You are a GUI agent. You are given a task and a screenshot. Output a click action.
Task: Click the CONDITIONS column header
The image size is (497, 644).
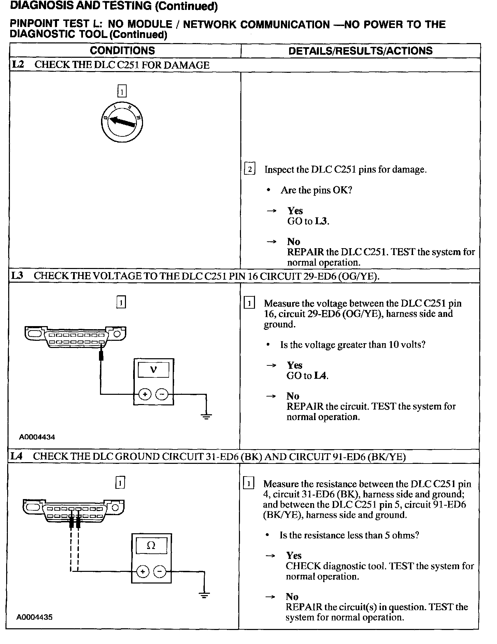pyautogui.click(x=122, y=51)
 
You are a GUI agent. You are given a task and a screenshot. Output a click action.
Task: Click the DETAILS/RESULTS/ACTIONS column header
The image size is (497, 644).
pyautogui.click(x=360, y=51)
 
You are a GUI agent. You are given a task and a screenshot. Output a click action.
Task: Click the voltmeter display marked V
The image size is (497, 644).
pyautogui.click(x=154, y=370)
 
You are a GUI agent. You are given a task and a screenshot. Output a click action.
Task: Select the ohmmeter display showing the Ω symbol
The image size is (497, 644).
pyautogui.click(x=152, y=546)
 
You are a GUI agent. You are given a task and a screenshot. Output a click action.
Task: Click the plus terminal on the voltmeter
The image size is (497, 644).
pyautogui.click(x=145, y=394)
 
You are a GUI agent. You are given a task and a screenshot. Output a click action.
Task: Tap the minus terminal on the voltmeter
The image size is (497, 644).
pyautogui.click(x=162, y=394)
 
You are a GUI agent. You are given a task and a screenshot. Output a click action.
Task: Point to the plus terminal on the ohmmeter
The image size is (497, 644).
pyautogui.click(x=143, y=571)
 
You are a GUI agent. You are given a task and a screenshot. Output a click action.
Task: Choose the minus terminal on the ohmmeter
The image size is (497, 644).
pyautogui.click(x=160, y=571)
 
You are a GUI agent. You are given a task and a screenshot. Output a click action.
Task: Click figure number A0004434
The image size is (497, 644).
pyautogui.click(x=37, y=437)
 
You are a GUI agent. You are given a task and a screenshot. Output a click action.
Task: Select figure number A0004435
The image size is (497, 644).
pyautogui.click(x=35, y=617)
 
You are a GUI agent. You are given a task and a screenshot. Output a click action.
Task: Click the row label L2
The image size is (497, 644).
pyautogui.click(x=18, y=65)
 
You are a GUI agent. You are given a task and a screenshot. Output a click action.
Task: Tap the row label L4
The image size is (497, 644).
pyautogui.click(x=17, y=456)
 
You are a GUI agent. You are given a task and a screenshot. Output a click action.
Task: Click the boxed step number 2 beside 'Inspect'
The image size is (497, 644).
pyautogui.click(x=250, y=170)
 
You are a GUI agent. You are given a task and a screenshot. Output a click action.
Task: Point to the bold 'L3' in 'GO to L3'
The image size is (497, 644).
pyautogui.click(x=321, y=222)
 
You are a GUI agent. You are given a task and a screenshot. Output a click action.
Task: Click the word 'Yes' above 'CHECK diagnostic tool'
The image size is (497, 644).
pyautogui.click(x=294, y=555)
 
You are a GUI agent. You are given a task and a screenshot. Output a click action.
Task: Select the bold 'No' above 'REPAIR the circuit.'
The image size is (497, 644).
pyautogui.click(x=293, y=396)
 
